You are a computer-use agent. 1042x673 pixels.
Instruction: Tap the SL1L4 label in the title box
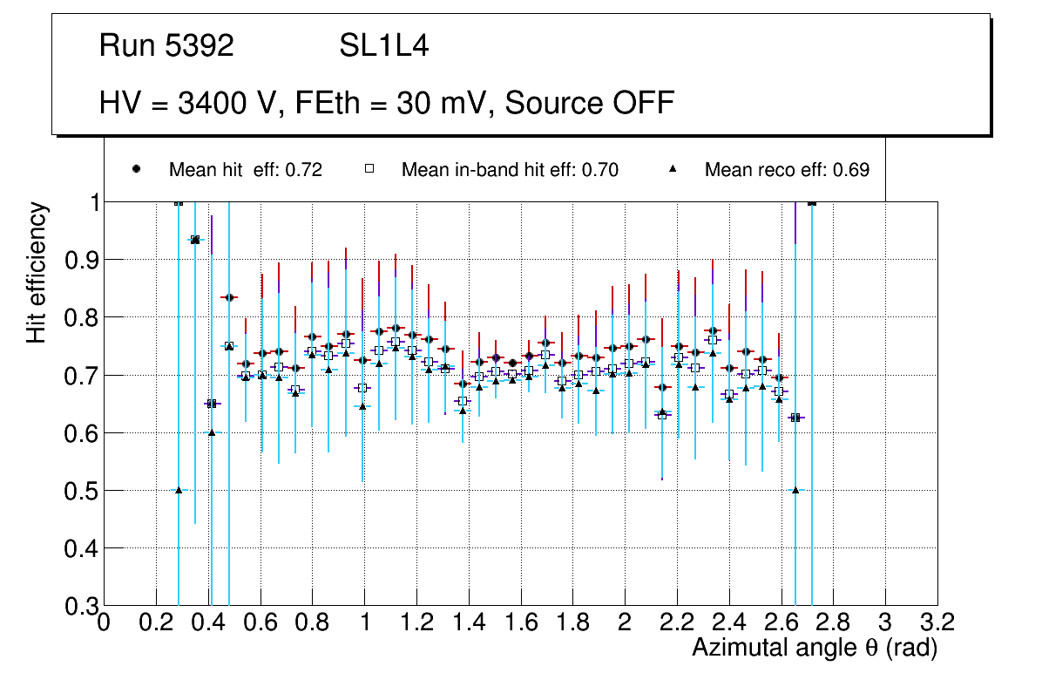click(x=384, y=46)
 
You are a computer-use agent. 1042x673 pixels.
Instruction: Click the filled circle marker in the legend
click(x=136, y=169)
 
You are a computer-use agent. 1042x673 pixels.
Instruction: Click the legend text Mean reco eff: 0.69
click(x=787, y=170)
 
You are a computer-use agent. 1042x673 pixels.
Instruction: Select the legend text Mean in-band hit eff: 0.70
click(x=510, y=170)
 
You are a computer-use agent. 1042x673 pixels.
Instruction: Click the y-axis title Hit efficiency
click(x=37, y=272)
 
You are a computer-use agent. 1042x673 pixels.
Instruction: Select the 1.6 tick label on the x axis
click(x=521, y=622)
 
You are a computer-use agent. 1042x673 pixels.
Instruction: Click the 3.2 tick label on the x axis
click(x=937, y=622)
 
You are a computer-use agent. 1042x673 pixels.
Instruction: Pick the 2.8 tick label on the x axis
click(x=833, y=622)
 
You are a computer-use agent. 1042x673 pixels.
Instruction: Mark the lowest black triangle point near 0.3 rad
click(x=179, y=490)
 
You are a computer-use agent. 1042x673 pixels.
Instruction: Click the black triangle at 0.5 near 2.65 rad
click(x=795, y=490)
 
